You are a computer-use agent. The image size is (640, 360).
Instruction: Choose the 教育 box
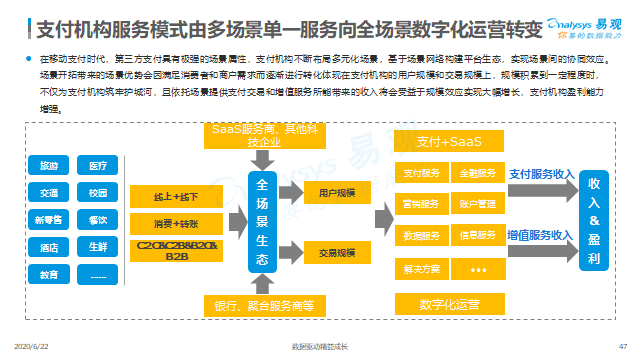coord(48,274)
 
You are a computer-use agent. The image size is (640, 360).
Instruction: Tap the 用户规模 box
coord(339,192)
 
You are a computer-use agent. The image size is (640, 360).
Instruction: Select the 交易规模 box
coord(339,252)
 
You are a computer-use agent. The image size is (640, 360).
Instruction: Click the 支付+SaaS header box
coord(445,143)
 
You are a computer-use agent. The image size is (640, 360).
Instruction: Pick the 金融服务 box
coord(475,174)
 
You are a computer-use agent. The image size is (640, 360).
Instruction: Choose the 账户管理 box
coord(475,205)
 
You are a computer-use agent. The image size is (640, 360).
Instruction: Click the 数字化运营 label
coord(446,302)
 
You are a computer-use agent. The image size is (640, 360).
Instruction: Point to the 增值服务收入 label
coord(540,235)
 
